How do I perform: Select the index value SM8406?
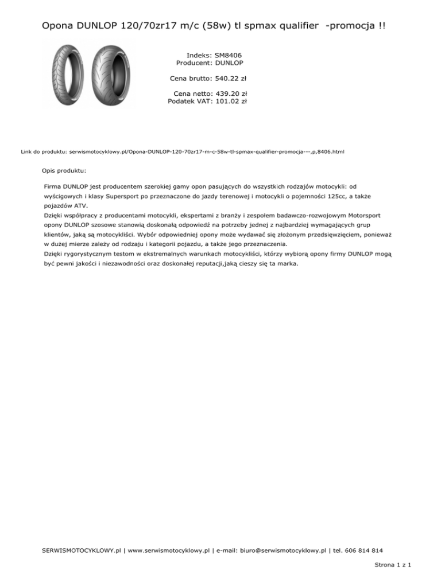[x=227, y=55]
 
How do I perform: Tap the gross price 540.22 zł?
[x=230, y=79]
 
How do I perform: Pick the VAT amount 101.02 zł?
[x=230, y=101]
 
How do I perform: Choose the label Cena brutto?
[x=191, y=79]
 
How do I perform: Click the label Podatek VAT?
[x=189, y=101]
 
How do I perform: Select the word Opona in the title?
[x=58, y=26]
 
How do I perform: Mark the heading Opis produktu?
[x=64, y=170]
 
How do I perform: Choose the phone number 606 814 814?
[x=363, y=550]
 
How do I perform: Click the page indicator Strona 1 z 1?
[x=397, y=564]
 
